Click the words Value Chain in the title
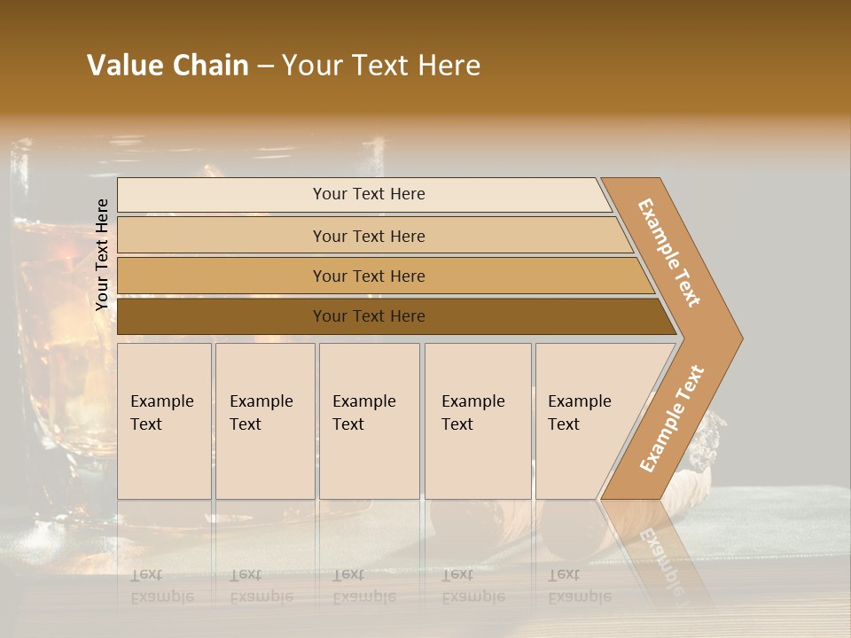pyautogui.click(x=168, y=66)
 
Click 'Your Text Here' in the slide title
pyautogui.click(x=381, y=66)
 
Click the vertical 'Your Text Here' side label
pyautogui.click(x=102, y=254)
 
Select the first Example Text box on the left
pyautogui.click(x=164, y=420)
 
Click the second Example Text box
pyautogui.click(x=264, y=420)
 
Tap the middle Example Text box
pyautogui.click(x=368, y=420)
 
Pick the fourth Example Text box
pyautogui.click(x=477, y=420)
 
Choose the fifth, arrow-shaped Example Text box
pyautogui.click(x=585, y=420)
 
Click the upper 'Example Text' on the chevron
pyautogui.click(x=669, y=253)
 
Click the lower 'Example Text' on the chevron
pyautogui.click(x=672, y=418)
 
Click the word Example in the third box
pyautogui.click(x=363, y=401)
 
